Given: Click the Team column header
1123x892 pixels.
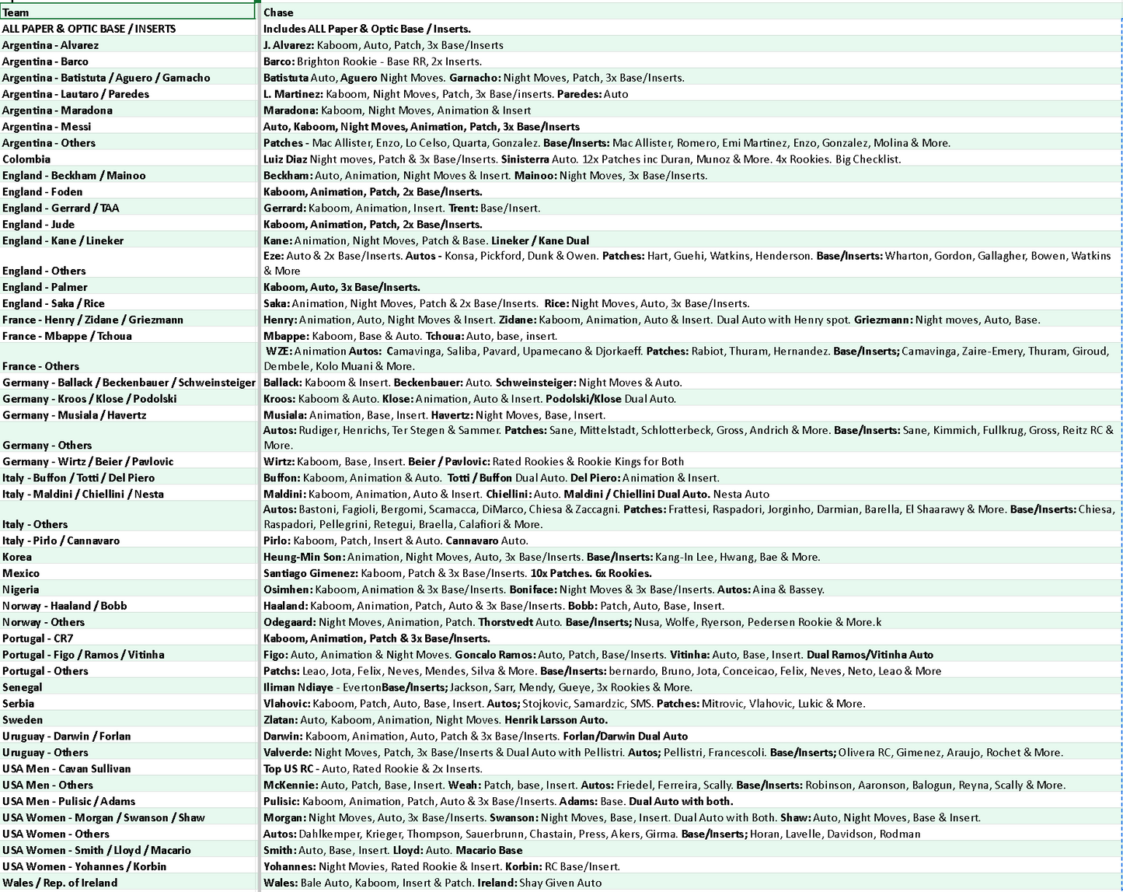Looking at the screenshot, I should (x=16, y=12).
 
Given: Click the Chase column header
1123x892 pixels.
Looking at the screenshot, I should (x=278, y=12).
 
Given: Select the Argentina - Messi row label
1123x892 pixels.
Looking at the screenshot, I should (x=47, y=127).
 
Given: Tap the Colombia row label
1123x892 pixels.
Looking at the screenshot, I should (x=26, y=159).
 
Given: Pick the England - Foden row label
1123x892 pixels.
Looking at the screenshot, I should (x=42, y=192).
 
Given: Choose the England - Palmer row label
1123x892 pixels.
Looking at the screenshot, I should (x=44, y=287).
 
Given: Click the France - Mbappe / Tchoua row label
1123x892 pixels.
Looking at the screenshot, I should (x=67, y=336).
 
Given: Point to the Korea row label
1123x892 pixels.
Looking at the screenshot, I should (x=17, y=557).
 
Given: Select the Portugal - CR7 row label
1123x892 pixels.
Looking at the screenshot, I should (x=37, y=638).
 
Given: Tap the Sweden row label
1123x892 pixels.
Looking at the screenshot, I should (x=23, y=720).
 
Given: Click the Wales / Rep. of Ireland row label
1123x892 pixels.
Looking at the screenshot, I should (x=60, y=883).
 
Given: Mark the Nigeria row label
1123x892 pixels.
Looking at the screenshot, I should (x=20, y=589).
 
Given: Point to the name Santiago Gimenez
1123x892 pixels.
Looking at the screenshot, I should (x=310, y=573).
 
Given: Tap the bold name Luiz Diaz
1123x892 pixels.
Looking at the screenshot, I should (x=285, y=159).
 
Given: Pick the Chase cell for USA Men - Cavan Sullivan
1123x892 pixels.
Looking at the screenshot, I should (x=372, y=768).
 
